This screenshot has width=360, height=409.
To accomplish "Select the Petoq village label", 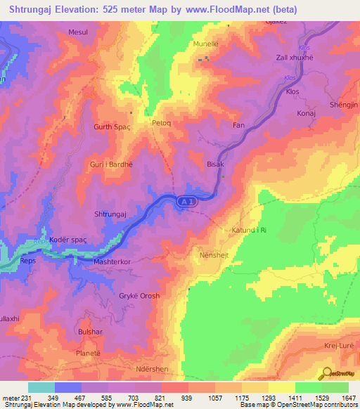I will pos(162,122).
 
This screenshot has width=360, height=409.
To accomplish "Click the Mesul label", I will pos(78,32).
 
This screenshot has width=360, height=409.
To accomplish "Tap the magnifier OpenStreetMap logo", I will pos(327,373).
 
